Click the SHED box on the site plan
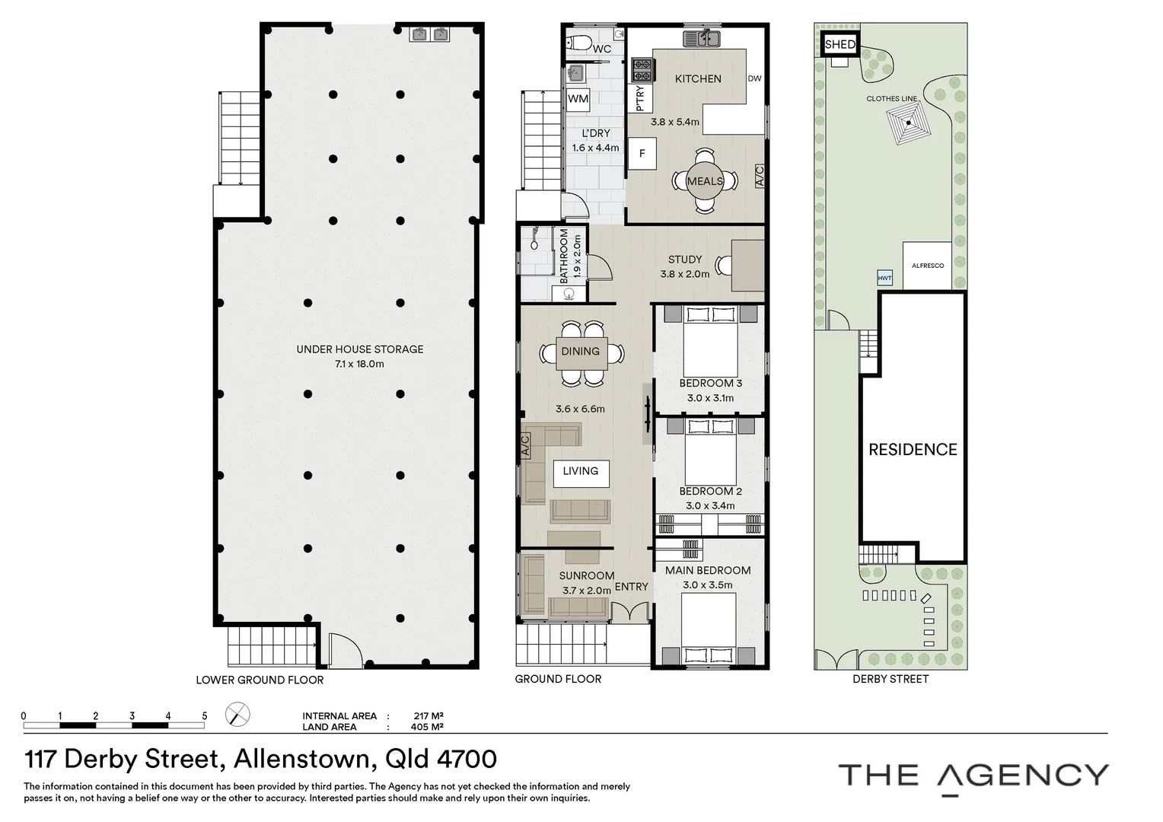[840, 45]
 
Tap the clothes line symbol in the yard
[908, 123]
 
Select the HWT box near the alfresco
[884, 278]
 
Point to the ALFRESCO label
[928, 266]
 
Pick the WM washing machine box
[578, 99]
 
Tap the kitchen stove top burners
[642, 70]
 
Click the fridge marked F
[642, 154]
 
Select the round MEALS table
[705, 181]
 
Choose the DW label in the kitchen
[754, 78]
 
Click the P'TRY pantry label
[640, 98]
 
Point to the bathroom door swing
[601, 268]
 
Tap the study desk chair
[723, 266]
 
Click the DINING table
[581, 354]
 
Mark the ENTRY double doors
[630, 611]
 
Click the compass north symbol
[237, 715]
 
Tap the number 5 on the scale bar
[205, 716]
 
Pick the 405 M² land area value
[427, 727]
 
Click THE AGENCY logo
[973, 777]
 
